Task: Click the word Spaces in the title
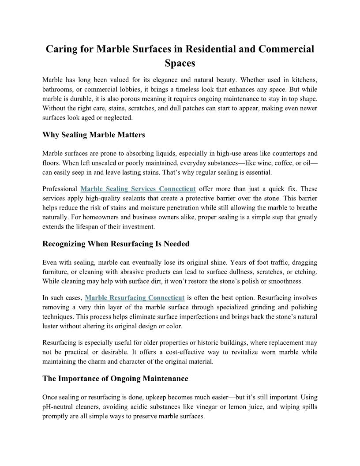pos(180,63)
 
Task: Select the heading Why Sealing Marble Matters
pos(94,135)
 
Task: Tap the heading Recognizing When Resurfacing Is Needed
pos(116,244)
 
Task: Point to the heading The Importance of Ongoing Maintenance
pos(115,379)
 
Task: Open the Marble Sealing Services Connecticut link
pos(138,189)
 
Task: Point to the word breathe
pos(305,207)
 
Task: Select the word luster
pos(51,326)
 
